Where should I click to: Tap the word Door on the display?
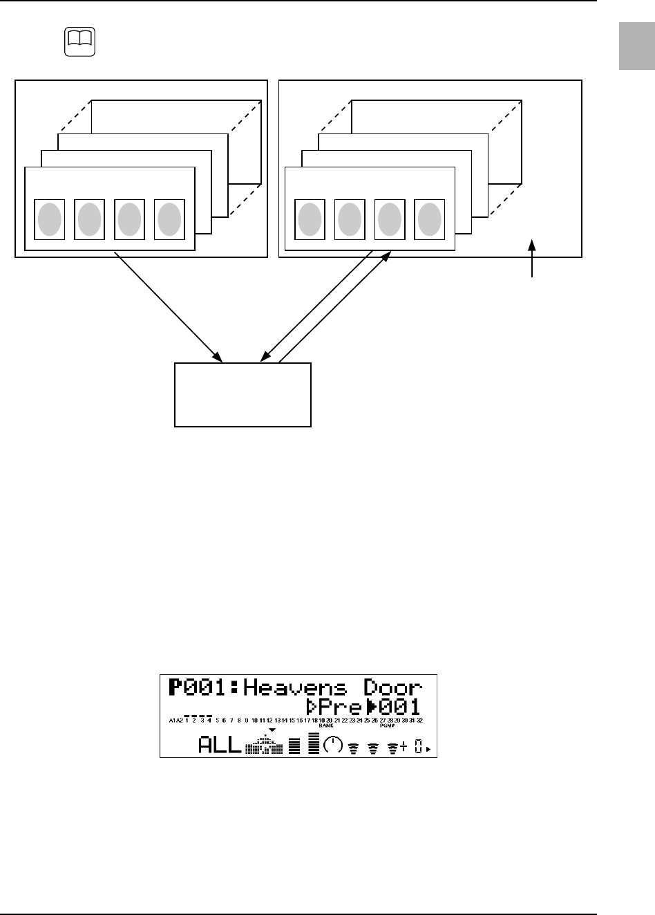pyautogui.click(x=394, y=688)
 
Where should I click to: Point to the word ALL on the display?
pyautogui.click(x=220, y=746)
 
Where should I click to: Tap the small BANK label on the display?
pyautogui.click(x=326, y=726)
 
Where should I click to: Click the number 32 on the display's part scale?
pyautogui.click(x=419, y=721)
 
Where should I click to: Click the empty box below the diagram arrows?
pyautogui.click(x=243, y=395)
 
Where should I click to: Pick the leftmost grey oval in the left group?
pyautogui.click(x=50, y=219)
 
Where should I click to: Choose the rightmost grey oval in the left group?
pyautogui.click(x=169, y=219)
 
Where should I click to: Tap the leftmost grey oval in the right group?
pyautogui.click(x=310, y=219)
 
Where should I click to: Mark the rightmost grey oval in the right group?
pyautogui.click(x=429, y=219)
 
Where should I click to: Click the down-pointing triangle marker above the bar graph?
pyautogui.click(x=272, y=731)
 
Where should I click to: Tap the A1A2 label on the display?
pyautogui.click(x=175, y=721)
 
